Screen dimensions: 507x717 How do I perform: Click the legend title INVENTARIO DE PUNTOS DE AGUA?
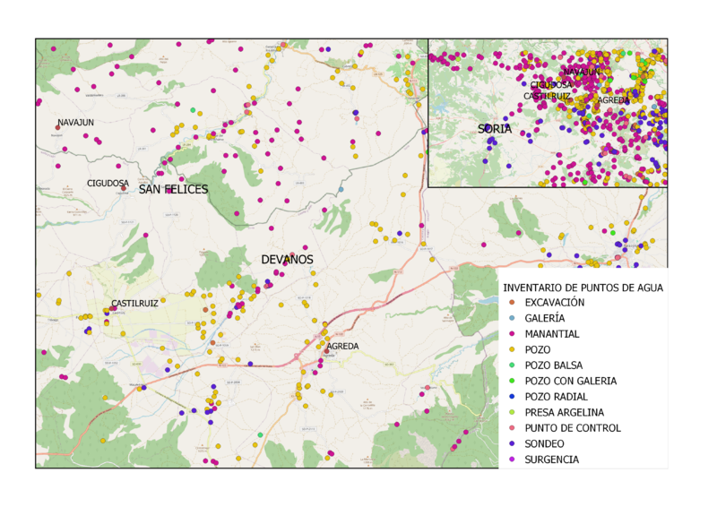(583, 288)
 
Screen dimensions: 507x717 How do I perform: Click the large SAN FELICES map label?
(173, 190)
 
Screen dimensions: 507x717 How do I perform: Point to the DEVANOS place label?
(287, 260)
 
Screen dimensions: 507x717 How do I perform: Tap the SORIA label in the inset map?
(495, 129)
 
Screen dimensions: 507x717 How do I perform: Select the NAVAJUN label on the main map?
(76, 123)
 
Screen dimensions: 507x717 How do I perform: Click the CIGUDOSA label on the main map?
(108, 183)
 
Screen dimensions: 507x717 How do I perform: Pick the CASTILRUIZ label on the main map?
(134, 304)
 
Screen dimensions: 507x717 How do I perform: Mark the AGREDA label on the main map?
(342, 346)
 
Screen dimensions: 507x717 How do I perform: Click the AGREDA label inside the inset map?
(613, 100)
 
